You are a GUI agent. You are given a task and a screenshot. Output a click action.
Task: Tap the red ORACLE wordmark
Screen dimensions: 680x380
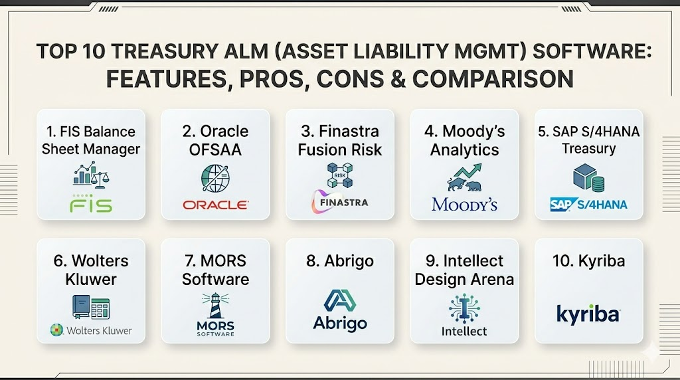coord(216,205)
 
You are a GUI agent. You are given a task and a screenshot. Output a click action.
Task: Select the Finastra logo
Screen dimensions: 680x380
coord(340,202)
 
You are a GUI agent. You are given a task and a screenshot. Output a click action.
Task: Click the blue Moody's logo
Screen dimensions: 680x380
coord(464,205)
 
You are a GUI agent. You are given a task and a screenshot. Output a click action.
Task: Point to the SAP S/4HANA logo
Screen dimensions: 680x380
coord(588,205)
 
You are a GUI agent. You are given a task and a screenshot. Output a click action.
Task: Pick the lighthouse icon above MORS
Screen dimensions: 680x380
coord(216,306)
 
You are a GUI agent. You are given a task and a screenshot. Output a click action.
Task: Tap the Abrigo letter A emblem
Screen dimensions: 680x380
coord(340,301)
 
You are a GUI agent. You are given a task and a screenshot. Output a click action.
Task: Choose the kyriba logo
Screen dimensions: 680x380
coord(588,314)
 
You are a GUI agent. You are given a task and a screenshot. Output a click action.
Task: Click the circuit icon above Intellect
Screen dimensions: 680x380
coord(464,308)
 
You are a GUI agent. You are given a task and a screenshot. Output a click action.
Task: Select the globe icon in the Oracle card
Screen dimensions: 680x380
coord(216,178)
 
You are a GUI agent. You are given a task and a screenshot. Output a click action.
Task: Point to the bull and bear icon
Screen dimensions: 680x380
coord(464,177)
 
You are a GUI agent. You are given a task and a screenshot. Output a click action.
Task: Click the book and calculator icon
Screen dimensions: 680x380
coord(91,307)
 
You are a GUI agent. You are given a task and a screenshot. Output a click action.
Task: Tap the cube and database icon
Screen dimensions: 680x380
coord(588,177)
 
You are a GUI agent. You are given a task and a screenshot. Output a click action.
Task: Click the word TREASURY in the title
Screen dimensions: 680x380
coord(165,51)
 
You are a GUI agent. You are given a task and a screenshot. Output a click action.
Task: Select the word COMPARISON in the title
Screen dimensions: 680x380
coord(493,79)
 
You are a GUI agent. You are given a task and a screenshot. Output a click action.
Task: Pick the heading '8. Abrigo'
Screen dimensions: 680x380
coord(340,261)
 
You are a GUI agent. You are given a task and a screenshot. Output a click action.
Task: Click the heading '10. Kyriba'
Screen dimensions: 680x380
coord(588,260)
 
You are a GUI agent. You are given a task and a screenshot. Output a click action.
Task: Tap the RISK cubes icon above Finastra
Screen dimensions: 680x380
coord(340,175)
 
